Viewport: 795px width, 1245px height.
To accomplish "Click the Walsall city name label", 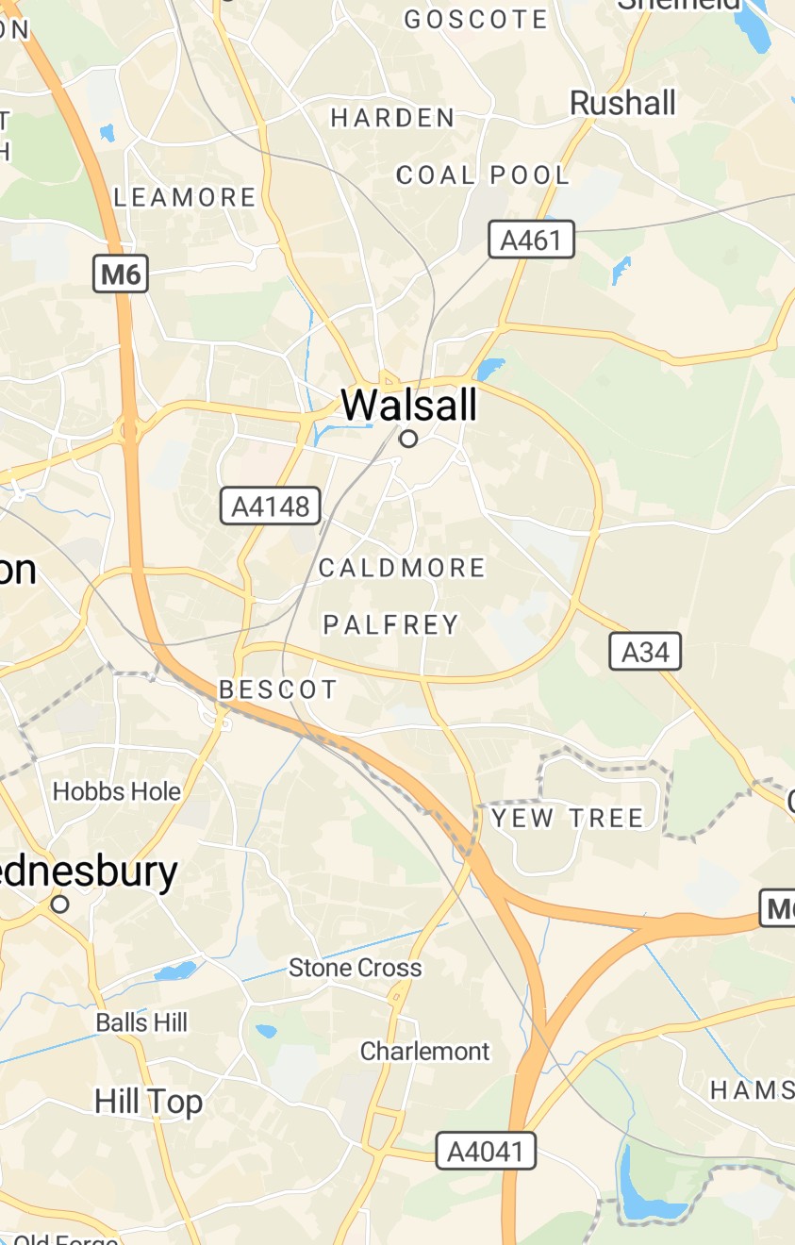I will pyautogui.click(x=409, y=406).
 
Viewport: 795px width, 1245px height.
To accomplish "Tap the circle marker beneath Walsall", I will pyautogui.click(x=408, y=439).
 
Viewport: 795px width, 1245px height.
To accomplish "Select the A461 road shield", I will pyautogui.click(x=531, y=241).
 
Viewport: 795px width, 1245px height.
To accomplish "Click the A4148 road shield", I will pyautogui.click(x=271, y=506).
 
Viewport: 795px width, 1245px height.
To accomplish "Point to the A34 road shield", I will pyautogui.click(x=645, y=652).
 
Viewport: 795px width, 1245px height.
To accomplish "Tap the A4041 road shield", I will pyautogui.click(x=486, y=1152).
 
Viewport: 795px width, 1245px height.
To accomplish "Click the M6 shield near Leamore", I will pyautogui.click(x=122, y=274).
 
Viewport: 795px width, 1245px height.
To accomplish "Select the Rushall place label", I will pyautogui.click(x=623, y=103).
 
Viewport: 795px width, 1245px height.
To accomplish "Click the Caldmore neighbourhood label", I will pyautogui.click(x=402, y=568).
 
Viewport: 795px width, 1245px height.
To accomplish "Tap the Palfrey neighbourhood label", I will pyautogui.click(x=391, y=624).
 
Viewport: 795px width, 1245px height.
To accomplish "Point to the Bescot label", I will pyautogui.click(x=278, y=689).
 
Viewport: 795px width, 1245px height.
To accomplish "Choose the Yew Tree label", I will pyautogui.click(x=568, y=818).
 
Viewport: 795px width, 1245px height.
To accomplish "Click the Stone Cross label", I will pyautogui.click(x=356, y=968).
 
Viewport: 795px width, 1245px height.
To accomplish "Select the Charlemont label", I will pyautogui.click(x=425, y=1051).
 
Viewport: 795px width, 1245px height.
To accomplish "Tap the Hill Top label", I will pyautogui.click(x=149, y=1102).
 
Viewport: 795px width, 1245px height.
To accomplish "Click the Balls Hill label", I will pyautogui.click(x=141, y=1022).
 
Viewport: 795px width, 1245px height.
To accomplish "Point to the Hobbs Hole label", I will pyautogui.click(x=117, y=791).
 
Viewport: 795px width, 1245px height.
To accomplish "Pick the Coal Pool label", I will pyautogui.click(x=483, y=175).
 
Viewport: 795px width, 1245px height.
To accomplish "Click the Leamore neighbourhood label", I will pyautogui.click(x=185, y=198).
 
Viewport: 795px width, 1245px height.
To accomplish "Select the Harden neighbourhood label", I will pyautogui.click(x=392, y=118).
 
